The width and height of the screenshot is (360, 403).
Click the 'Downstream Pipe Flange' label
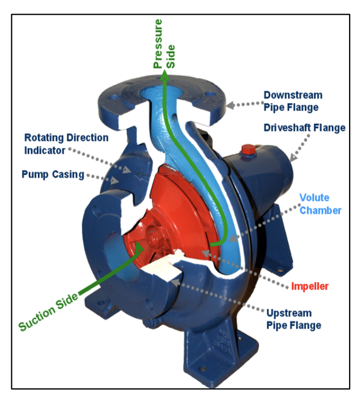(x=293, y=101)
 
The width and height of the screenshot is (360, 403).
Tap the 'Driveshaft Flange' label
(x=305, y=128)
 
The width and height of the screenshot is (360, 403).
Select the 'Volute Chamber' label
(x=320, y=204)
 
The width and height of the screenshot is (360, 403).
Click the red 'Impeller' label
(x=310, y=286)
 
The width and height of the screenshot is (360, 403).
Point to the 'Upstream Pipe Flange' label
(x=294, y=319)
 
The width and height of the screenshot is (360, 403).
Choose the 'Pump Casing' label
(x=53, y=174)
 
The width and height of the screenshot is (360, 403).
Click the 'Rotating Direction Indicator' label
(x=66, y=144)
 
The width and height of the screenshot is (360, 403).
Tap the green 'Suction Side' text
(x=48, y=311)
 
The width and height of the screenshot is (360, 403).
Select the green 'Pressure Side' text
(x=164, y=43)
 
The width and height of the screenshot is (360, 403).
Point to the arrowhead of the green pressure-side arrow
(x=165, y=75)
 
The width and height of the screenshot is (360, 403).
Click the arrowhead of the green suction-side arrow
(x=139, y=247)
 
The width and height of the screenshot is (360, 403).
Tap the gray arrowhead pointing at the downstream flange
(x=230, y=105)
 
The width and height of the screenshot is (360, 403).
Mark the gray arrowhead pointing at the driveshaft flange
(x=293, y=158)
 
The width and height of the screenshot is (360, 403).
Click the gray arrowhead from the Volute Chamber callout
(x=232, y=238)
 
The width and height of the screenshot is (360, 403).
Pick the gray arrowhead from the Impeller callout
(x=206, y=254)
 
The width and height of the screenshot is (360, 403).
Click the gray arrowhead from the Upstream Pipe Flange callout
(x=175, y=282)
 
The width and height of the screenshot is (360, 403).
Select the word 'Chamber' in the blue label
(x=320, y=210)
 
